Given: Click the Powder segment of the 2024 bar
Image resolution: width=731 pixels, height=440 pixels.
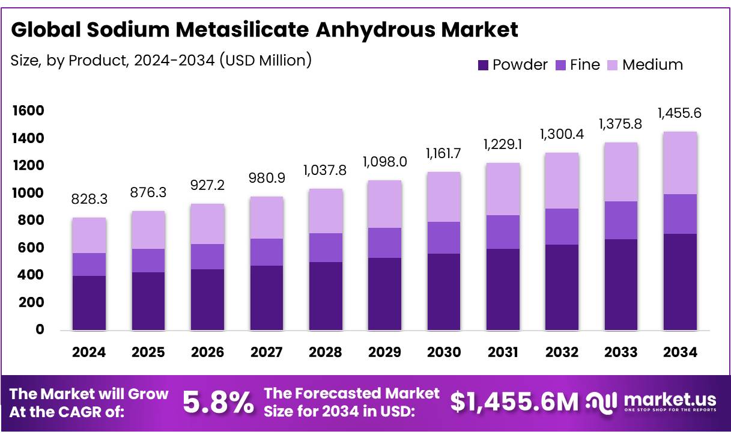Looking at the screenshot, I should pos(89,303).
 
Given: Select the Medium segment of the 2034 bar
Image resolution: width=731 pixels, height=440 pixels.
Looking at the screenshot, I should pos(680,163).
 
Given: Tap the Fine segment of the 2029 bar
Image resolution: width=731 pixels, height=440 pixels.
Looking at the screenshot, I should pos(384,243).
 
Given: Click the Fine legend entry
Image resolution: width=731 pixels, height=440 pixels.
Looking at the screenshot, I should pos(577,65).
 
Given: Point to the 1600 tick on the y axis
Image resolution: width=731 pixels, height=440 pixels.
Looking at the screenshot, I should pos(28,111).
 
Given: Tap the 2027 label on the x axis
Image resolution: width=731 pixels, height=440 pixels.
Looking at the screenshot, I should pos(266,352).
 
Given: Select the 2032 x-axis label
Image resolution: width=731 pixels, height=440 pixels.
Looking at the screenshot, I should pos(562,352).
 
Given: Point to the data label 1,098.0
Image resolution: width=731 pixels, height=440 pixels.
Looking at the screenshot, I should pos(384,162).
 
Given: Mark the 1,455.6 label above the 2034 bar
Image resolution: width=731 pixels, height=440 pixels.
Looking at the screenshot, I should pos(680,113).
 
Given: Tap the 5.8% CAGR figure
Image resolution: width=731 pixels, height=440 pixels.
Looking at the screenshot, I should pos(217,403).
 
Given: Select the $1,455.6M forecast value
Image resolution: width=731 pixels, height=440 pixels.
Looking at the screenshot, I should pos(514,403).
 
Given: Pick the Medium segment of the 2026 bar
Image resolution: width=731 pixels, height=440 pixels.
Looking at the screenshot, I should pos(207,224).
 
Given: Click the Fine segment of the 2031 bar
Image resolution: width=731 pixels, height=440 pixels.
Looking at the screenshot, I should pos(503,232).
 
